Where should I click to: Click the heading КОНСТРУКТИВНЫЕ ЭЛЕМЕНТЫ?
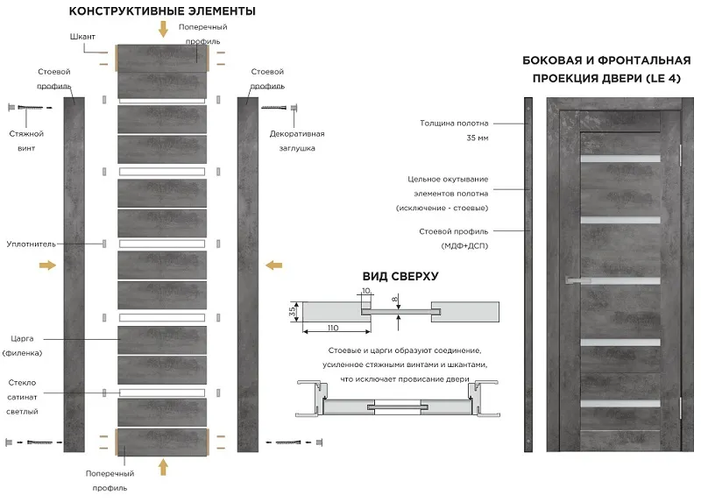pos(162,11)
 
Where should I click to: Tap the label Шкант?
pos(82,37)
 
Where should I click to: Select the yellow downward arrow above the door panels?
pos(164,29)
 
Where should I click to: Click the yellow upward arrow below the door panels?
pos(164,467)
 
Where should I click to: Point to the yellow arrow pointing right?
pos(48,265)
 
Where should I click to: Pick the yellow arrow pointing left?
pos(274,265)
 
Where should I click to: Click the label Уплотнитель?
pos(32,244)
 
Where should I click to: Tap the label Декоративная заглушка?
pos(297,141)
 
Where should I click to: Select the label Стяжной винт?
pos(26,141)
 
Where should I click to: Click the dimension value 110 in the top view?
pos(333,328)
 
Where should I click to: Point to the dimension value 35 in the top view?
pos(293,311)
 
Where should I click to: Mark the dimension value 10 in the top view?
pos(366,291)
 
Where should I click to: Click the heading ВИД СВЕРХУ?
pos(400,276)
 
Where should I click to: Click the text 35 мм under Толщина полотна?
pos(478,138)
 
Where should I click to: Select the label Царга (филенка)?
pos(23,345)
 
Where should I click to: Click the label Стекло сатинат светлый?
pos(23,397)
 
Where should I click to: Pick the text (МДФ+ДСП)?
pos(464,246)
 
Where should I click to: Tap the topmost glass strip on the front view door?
pos(620,159)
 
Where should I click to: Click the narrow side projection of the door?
pos(528,274)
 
